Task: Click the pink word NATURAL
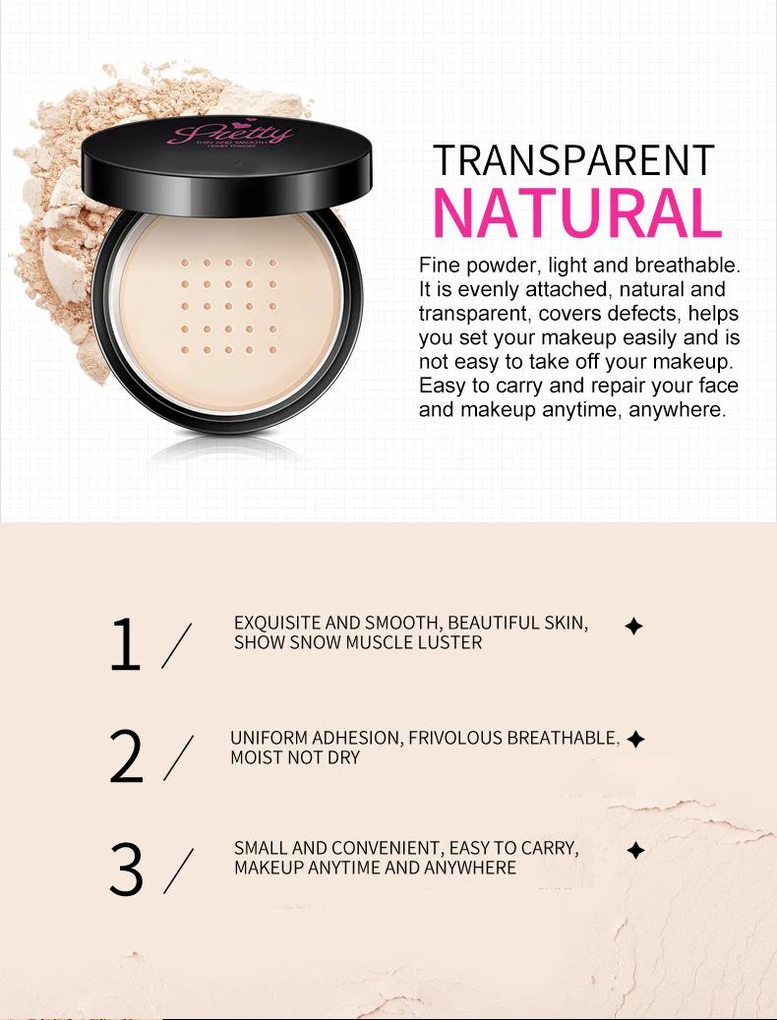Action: point(577,210)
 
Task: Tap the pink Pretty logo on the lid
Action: point(231,133)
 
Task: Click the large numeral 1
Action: point(126,645)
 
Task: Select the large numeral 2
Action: point(127,756)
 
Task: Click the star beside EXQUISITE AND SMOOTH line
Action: point(634,626)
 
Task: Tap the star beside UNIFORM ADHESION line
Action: point(635,739)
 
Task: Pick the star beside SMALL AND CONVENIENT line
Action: point(635,851)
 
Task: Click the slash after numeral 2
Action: point(178,758)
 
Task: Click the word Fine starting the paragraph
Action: point(439,267)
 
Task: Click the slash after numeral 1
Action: point(178,646)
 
